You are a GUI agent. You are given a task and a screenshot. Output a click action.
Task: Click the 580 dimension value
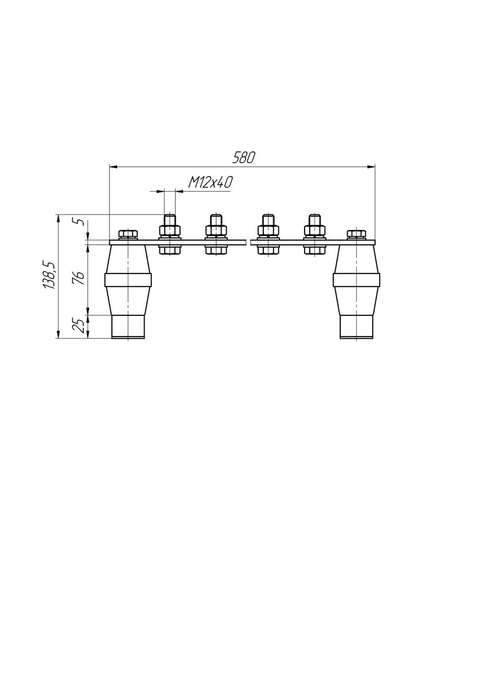(x=244, y=158)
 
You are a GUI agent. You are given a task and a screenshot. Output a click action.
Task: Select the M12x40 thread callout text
(x=210, y=183)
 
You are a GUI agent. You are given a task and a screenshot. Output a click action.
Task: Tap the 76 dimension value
(x=80, y=278)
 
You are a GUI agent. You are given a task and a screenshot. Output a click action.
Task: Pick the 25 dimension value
(x=80, y=326)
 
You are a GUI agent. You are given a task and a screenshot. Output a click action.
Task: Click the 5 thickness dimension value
(x=80, y=221)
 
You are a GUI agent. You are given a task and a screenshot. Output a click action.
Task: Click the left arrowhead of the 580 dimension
(x=114, y=167)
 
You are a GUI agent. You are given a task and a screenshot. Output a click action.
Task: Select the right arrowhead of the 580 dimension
(x=371, y=167)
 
